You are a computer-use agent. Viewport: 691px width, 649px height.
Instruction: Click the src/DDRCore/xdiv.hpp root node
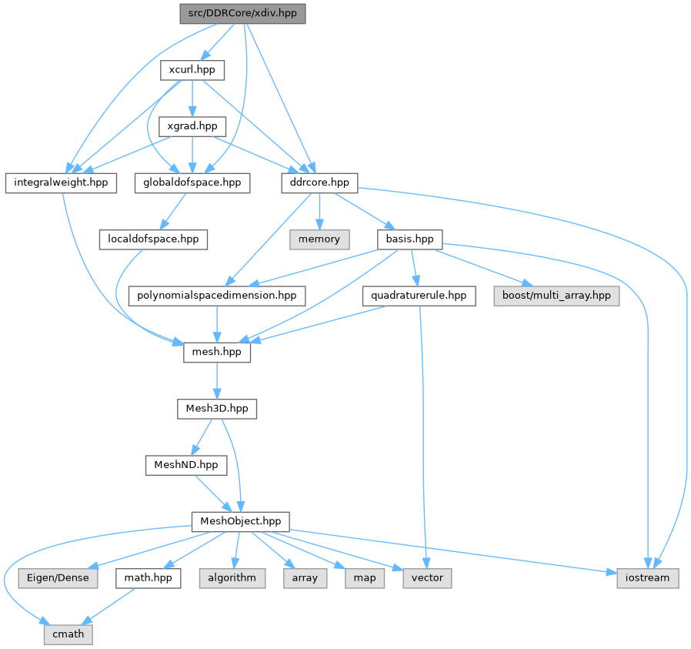point(243,14)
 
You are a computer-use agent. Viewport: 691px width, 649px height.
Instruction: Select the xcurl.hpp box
point(192,71)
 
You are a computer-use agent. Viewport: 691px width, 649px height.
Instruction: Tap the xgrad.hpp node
point(192,125)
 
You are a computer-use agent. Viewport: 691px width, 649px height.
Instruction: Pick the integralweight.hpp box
point(62,182)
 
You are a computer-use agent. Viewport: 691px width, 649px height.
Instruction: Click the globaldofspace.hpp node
point(192,182)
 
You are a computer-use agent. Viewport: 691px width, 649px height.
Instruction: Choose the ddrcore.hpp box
point(315,182)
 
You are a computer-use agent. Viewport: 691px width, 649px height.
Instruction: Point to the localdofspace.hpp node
point(152,239)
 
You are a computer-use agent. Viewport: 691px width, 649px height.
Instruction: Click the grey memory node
point(319,239)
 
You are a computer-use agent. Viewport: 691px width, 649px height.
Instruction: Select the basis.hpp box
point(409,239)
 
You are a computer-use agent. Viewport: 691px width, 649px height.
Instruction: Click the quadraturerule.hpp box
point(419,296)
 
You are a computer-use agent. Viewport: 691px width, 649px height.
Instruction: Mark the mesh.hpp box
point(218,352)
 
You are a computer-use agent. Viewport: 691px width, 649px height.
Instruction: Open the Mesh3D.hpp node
point(217,408)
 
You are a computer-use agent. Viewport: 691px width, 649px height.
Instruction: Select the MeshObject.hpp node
point(240,521)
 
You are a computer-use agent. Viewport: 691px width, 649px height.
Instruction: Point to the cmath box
point(68,634)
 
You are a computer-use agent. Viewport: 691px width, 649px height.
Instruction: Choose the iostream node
point(647,577)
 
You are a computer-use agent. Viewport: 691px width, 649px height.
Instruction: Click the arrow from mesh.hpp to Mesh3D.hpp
point(218,380)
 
